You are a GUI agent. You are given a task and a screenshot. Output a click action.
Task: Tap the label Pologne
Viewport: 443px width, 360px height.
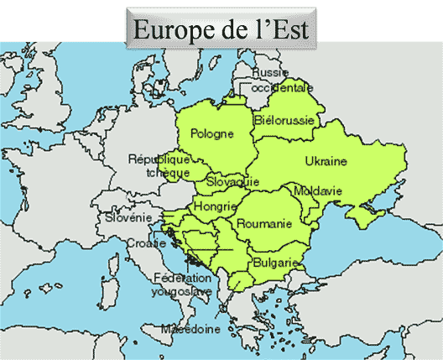click(211, 133)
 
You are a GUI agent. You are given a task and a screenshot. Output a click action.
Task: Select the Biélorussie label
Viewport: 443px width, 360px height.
click(284, 121)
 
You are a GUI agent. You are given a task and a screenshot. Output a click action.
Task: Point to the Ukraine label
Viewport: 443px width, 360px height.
click(326, 160)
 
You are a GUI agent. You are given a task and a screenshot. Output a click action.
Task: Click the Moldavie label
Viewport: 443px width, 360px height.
click(318, 191)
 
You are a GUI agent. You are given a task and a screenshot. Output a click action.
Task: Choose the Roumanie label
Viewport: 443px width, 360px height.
click(263, 223)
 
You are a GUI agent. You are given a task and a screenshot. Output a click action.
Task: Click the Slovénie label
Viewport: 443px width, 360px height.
click(128, 217)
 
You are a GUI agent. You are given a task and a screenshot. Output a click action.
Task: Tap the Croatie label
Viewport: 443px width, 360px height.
click(146, 243)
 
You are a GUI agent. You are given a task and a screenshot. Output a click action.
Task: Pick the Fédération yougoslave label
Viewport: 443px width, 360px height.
click(181, 285)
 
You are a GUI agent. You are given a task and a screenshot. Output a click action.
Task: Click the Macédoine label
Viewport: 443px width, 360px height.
click(191, 329)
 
